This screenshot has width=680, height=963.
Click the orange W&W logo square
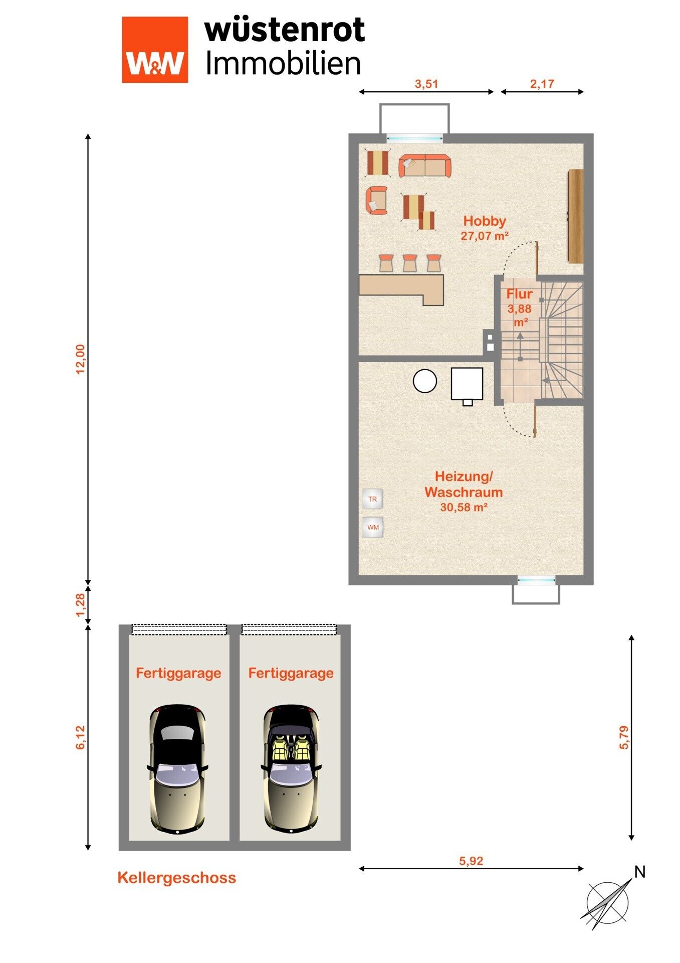point(155,49)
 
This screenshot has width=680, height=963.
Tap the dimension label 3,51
point(426,84)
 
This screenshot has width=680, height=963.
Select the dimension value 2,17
point(542,84)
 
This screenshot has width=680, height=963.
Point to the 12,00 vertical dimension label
point(81,359)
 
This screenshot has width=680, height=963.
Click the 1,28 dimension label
point(81,606)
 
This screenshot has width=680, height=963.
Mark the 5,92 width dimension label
point(471,861)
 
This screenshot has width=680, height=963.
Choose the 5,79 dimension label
point(624,737)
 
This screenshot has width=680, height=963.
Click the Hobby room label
point(485,221)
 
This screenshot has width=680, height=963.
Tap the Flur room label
point(519,294)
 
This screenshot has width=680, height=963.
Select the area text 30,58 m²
point(464,507)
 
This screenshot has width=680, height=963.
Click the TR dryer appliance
point(372,499)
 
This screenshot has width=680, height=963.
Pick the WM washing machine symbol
point(373,527)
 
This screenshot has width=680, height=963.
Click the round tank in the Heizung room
point(425,381)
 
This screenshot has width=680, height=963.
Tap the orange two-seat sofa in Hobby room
point(425,166)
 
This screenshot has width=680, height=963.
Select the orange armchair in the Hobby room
point(376,200)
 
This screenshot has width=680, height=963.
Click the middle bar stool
point(410,263)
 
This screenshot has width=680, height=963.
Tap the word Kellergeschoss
point(177,878)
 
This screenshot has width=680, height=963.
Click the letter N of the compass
point(639,872)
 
